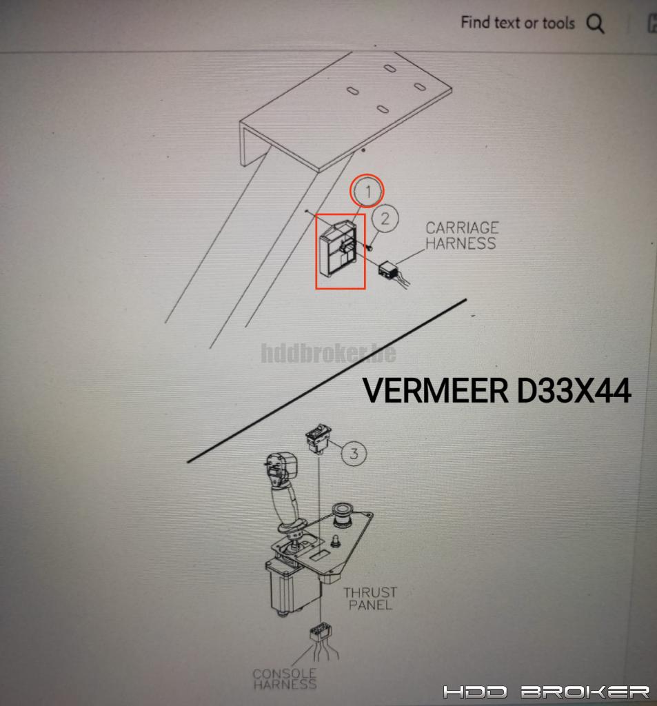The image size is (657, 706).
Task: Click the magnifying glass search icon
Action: click(x=595, y=23)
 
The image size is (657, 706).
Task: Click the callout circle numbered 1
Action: click(x=367, y=191)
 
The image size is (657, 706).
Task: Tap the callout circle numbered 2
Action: click(x=385, y=219)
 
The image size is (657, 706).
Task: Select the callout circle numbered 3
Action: click(x=354, y=453)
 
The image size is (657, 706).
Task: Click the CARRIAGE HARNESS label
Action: click(x=462, y=235)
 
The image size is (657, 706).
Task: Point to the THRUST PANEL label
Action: click(x=371, y=598)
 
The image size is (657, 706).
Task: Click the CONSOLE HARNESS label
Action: click(x=285, y=678)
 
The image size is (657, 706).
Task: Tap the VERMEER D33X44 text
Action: click(x=496, y=390)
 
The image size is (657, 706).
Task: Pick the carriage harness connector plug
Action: click(x=387, y=270)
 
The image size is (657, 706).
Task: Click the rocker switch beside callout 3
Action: click(x=319, y=437)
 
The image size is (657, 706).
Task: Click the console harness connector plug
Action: click(x=321, y=633)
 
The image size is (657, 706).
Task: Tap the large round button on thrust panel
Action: click(x=343, y=514)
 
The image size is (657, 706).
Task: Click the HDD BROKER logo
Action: click(x=546, y=692)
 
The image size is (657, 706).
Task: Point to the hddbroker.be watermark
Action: click(x=329, y=353)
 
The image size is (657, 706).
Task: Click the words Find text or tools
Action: click(x=518, y=23)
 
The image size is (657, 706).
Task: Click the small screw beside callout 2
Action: click(x=369, y=248)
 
